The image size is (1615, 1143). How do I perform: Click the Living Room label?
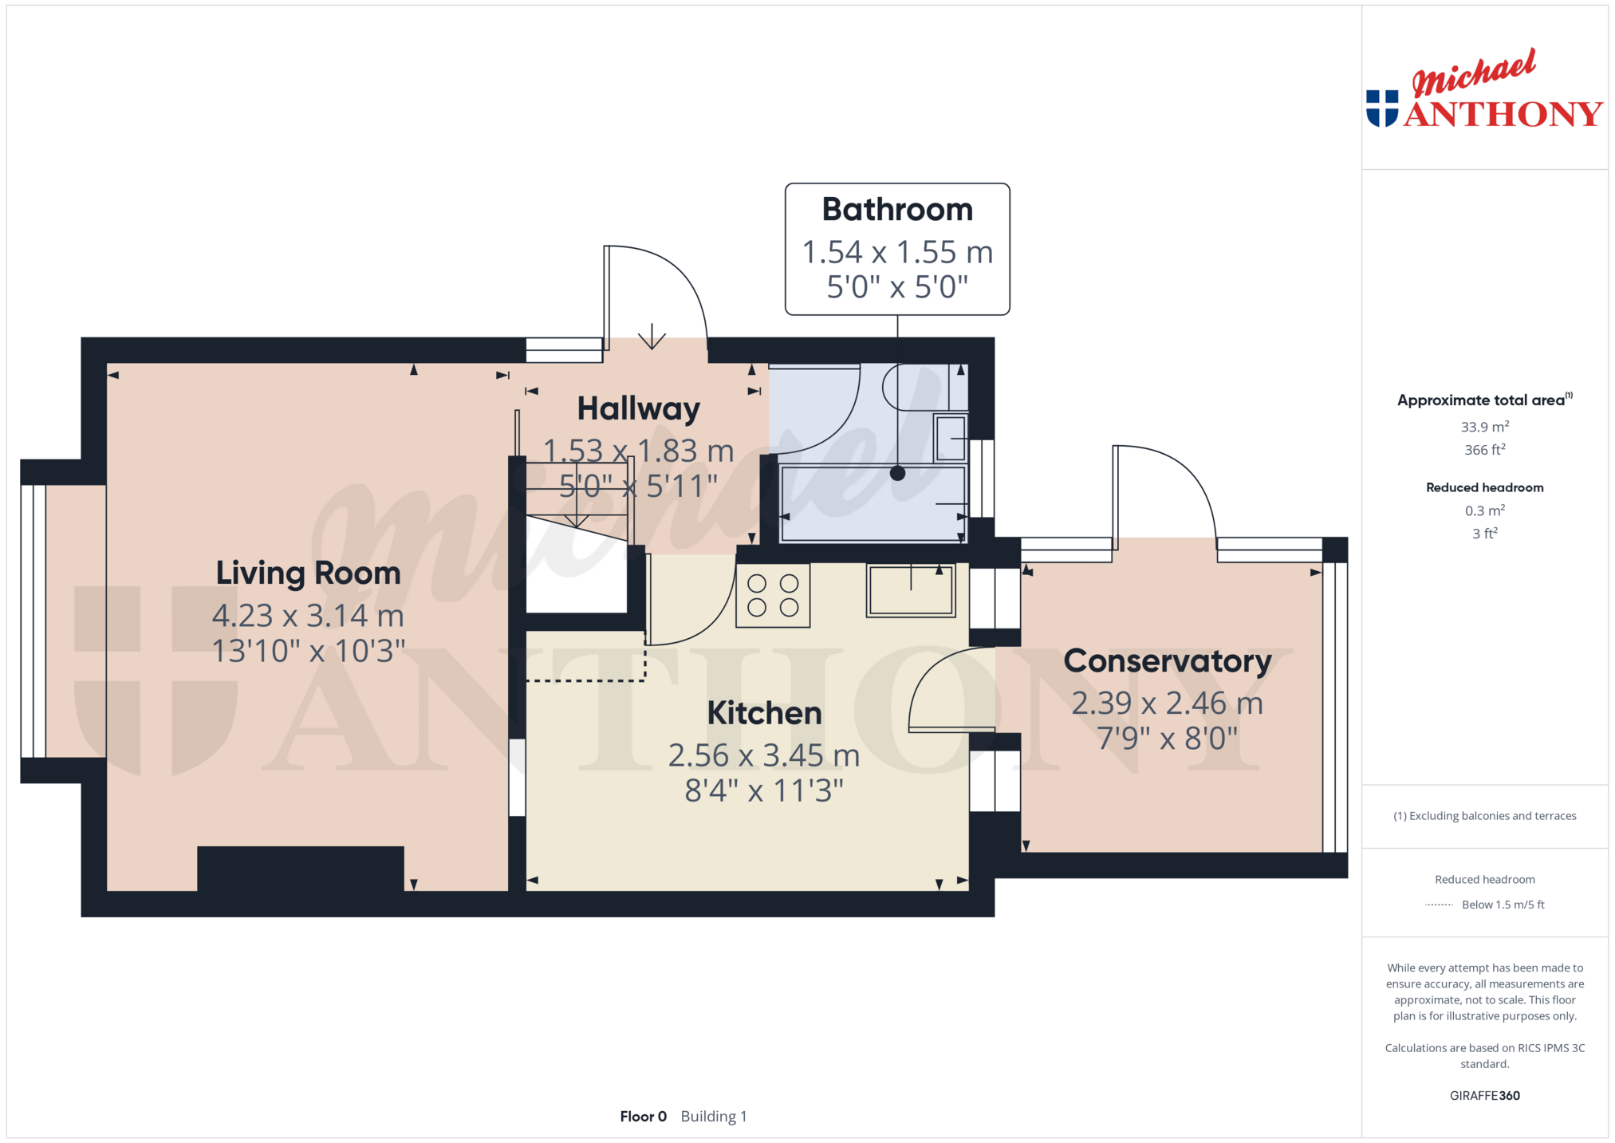click(308, 573)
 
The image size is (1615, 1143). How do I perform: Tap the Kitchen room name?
click(764, 713)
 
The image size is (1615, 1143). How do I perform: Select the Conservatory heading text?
click(1168, 661)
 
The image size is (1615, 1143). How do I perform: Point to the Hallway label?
click(638, 409)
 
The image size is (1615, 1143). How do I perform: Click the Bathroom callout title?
click(897, 210)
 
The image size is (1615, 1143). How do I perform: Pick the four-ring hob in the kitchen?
click(773, 595)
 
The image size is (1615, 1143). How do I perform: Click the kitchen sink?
click(911, 590)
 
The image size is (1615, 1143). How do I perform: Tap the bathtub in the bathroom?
click(873, 503)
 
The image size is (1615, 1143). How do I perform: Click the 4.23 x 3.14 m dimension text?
click(308, 616)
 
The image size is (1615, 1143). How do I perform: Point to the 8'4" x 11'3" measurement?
click(764, 790)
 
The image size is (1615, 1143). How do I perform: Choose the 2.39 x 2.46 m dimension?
click(1168, 704)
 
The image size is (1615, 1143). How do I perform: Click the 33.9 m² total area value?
click(1485, 427)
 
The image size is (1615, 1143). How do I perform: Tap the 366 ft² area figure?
click(1485, 450)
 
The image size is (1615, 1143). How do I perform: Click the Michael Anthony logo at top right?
click(1484, 89)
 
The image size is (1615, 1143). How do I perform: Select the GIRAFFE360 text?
click(1485, 1096)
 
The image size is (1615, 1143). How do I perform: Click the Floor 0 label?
click(643, 1117)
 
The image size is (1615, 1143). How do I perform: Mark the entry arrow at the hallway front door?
click(652, 336)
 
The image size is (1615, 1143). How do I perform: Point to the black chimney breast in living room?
click(301, 869)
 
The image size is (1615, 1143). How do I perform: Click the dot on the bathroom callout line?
click(897, 473)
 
